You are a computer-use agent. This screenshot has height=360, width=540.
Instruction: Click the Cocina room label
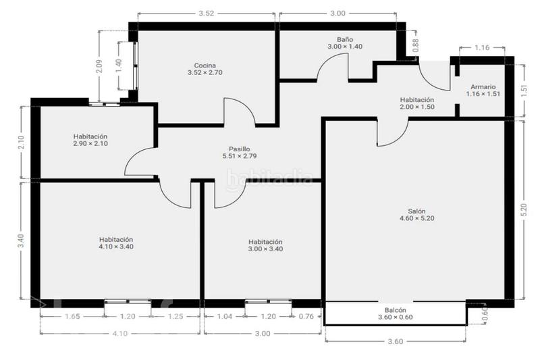pyautogui.click(x=205, y=66)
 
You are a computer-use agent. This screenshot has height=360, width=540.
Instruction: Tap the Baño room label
pyautogui.click(x=345, y=40)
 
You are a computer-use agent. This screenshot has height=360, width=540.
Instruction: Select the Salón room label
pyautogui.click(x=416, y=211)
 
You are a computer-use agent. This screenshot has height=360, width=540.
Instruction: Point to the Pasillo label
pyautogui.click(x=240, y=149)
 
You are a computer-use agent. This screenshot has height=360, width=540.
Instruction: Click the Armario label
pyautogui.click(x=483, y=87)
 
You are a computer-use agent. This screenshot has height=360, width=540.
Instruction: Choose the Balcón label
pyautogui.click(x=396, y=310)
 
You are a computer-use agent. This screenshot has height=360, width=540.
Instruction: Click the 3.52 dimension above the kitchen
pyautogui.click(x=207, y=14)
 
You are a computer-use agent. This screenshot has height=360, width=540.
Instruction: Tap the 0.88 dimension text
pyautogui.click(x=416, y=45)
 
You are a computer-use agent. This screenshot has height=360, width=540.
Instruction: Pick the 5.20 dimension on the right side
pyautogui.click(x=524, y=211)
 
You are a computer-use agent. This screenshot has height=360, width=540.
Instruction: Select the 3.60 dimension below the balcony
pyautogui.click(x=396, y=341)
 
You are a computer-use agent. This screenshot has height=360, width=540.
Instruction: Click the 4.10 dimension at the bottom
pyautogui.click(x=120, y=334)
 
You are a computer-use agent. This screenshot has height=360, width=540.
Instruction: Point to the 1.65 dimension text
pyautogui.click(x=72, y=316)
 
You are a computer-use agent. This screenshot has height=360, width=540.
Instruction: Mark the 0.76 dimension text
pyautogui.click(x=306, y=316)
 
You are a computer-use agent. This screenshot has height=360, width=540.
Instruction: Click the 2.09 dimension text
pyautogui.click(x=99, y=66)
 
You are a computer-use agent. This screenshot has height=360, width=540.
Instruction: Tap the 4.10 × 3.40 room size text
pyautogui.click(x=116, y=247)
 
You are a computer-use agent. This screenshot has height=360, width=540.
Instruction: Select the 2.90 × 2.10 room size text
pyautogui.click(x=90, y=143)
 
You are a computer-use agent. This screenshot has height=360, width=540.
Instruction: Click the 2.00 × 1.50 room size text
pyautogui.click(x=416, y=107)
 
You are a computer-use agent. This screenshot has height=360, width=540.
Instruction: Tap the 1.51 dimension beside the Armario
pyautogui.click(x=524, y=91)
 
